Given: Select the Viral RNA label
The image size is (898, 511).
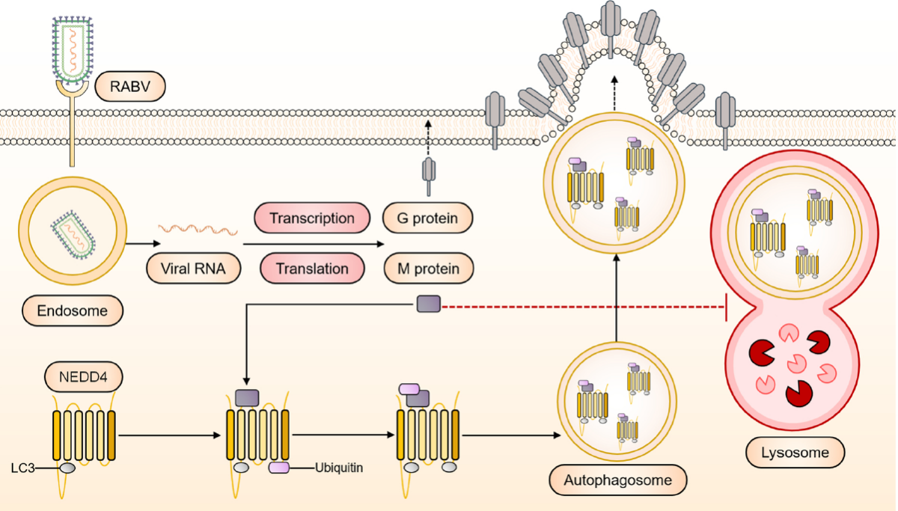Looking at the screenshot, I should click(x=194, y=268).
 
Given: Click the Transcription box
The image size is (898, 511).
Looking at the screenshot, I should click(x=312, y=219).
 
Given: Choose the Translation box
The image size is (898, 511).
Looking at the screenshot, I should click(x=312, y=268).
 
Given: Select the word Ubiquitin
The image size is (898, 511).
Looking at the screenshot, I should click(x=339, y=468).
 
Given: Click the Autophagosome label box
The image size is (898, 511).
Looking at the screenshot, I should click(x=618, y=479).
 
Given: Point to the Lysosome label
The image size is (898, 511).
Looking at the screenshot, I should click(x=795, y=453).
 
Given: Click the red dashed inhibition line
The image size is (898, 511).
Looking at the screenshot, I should click(x=584, y=305).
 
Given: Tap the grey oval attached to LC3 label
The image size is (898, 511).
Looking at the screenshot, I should click(x=67, y=468).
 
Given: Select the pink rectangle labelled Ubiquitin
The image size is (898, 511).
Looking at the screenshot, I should click(x=279, y=468).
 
